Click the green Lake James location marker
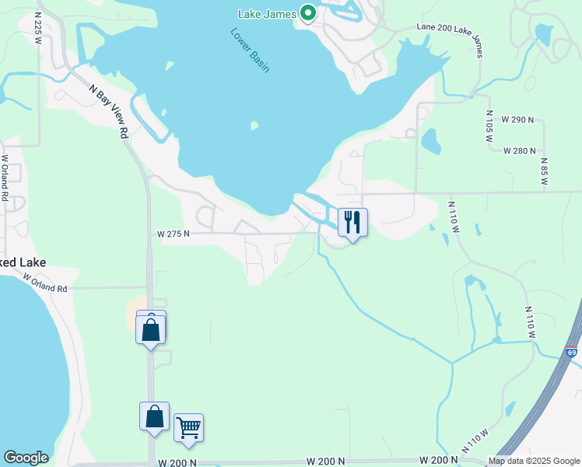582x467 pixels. point(308,12)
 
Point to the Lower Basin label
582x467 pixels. point(250,51)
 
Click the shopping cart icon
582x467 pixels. point(188,427)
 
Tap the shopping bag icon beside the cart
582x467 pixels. point(154,416)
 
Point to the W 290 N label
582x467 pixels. point(517,120)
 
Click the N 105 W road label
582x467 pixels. point(489,124)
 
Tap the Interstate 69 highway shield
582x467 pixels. point(572,353)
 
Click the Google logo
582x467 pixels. point(26,458)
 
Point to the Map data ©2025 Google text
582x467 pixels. point(534,461)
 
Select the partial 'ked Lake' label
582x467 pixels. point(17,262)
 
